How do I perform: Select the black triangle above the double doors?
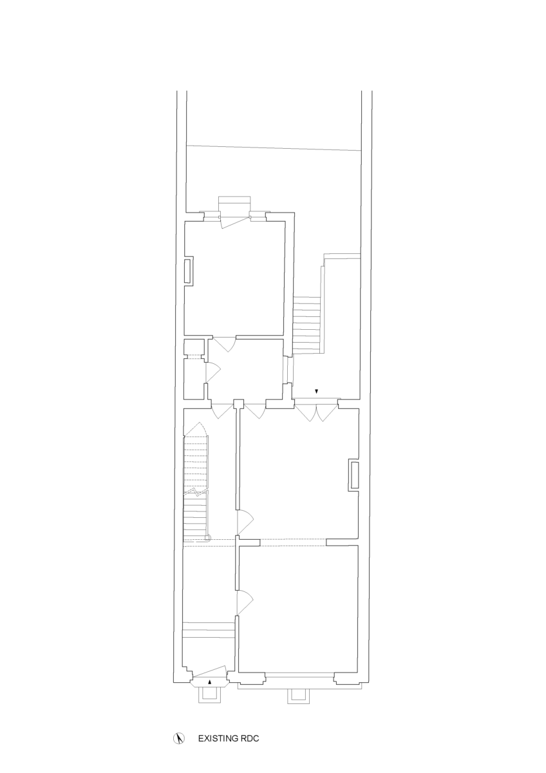tap(316, 392)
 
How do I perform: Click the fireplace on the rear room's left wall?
tap(189, 271)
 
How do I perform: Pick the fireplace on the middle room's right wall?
tap(354, 475)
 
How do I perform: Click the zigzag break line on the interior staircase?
tap(196, 491)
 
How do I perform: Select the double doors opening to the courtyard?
tap(316, 411)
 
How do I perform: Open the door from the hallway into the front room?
tap(245, 602)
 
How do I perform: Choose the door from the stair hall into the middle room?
tap(245, 521)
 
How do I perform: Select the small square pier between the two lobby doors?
tap(238, 404)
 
